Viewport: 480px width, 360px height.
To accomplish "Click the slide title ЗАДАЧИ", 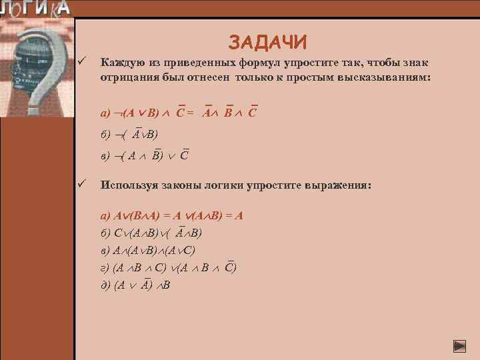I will [x=268, y=42].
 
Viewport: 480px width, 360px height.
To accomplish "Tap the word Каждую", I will [x=119, y=63].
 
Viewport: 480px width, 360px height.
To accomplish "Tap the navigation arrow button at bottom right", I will [x=459, y=346].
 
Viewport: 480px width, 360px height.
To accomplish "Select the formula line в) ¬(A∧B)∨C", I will [x=143, y=157].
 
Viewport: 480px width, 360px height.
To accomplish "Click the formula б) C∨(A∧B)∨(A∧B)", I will [x=151, y=233].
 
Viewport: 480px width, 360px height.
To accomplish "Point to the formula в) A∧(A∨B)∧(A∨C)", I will [x=147, y=251].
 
